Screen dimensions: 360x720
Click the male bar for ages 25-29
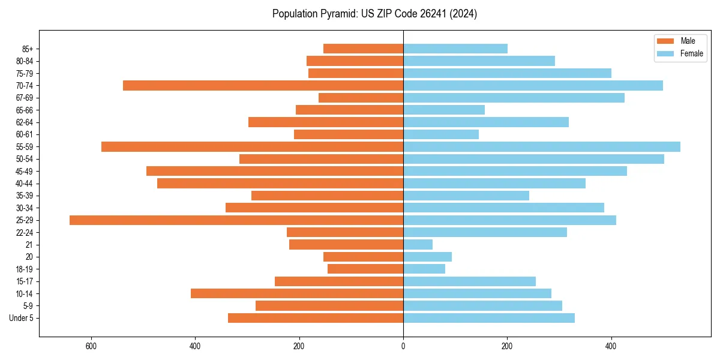coord(236,220)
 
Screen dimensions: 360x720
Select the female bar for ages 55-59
coord(541,146)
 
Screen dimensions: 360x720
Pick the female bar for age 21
coord(418,245)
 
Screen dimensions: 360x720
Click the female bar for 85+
coord(455,49)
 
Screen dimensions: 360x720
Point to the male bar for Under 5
coord(315,318)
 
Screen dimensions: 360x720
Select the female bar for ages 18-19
coord(424,269)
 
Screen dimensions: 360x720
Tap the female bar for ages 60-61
coord(440,134)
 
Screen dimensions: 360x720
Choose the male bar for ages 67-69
coord(361,98)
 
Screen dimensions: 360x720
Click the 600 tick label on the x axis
coord(91,346)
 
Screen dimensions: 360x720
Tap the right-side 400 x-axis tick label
coord(611,346)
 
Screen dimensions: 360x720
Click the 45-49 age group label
coord(24,172)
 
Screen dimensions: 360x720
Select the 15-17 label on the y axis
coord(24,281)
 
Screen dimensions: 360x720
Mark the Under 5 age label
coord(21,318)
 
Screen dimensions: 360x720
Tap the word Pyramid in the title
coord(338,14)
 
